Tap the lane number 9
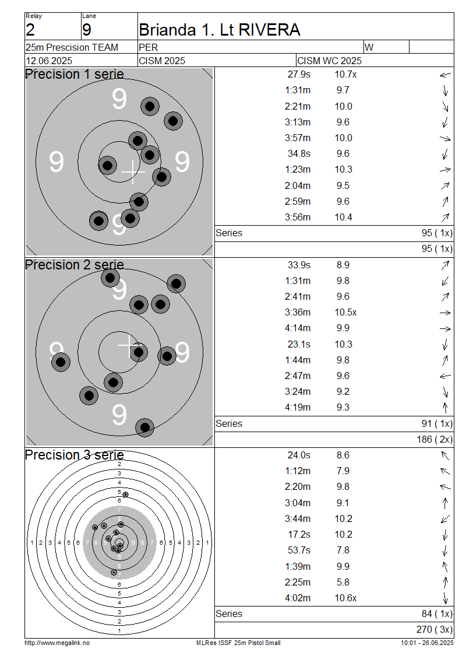(86, 30)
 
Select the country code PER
(148, 47)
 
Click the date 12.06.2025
(49, 61)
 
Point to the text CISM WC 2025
(329, 61)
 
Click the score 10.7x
(345, 75)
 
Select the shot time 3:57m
(298, 138)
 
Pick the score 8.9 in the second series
(343, 265)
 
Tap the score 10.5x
(345, 313)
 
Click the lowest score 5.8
(343, 583)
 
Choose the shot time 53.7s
(299, 551)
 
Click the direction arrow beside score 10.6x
(445, 598)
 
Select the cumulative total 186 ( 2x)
(435, 440)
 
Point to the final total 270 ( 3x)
(435, 630)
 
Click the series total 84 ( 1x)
(437, 614)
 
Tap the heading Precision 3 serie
(75, 455)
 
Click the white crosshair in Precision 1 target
(133, 172)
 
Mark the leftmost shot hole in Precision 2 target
(61, 362)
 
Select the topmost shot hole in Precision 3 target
(125, 495)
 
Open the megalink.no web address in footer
(57, 643)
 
